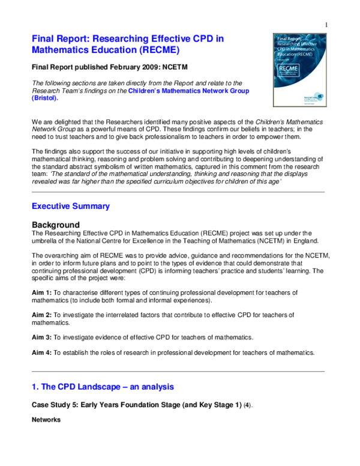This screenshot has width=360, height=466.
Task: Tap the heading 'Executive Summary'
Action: [x=70, y=206]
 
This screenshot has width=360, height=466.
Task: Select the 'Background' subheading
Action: [x=56, y=225]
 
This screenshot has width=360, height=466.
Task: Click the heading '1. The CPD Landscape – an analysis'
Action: [x=103, y=387]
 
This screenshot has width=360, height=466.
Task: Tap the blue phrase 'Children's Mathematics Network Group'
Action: [x=188, y=91]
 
